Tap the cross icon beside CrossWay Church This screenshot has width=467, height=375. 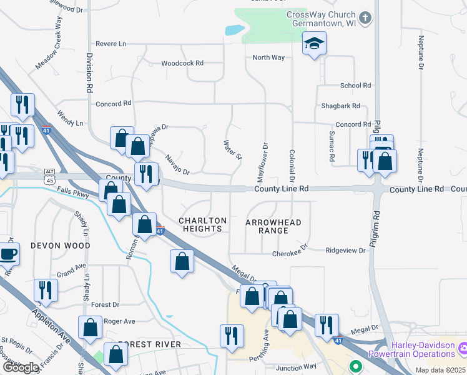click(x=366, y=18)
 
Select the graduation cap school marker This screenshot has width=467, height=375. click(x=315, y=43)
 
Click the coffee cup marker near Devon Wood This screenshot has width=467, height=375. click(x=8, y=254)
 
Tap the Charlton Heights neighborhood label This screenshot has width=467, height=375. click(x=202, y=225)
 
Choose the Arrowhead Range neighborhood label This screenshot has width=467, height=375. click(x=273, y=226)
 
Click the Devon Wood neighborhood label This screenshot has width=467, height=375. click(x=61, y=246)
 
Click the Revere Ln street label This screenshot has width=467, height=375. click(x=111, y=44)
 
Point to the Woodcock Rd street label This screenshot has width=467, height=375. click(x=182, y=63)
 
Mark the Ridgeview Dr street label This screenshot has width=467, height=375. click(x=345, y=250)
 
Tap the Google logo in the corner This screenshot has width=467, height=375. click(x=21, y=367)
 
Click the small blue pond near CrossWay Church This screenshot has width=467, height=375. click(x=234, y=29)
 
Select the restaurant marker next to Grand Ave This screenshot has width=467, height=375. click(x=46, y=289)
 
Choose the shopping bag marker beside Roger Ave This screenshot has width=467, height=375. click(x=91, y=326)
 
